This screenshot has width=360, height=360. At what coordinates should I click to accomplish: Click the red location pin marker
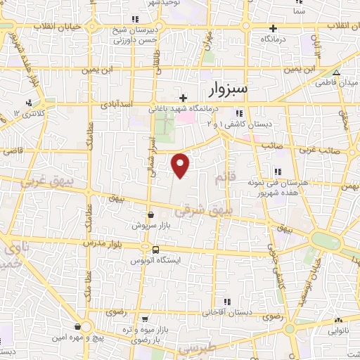181,165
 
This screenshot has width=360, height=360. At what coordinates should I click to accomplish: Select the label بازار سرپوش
150,226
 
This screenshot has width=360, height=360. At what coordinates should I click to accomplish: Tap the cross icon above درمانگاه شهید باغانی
184,98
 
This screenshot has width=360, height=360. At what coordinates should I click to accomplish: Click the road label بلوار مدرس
105,243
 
